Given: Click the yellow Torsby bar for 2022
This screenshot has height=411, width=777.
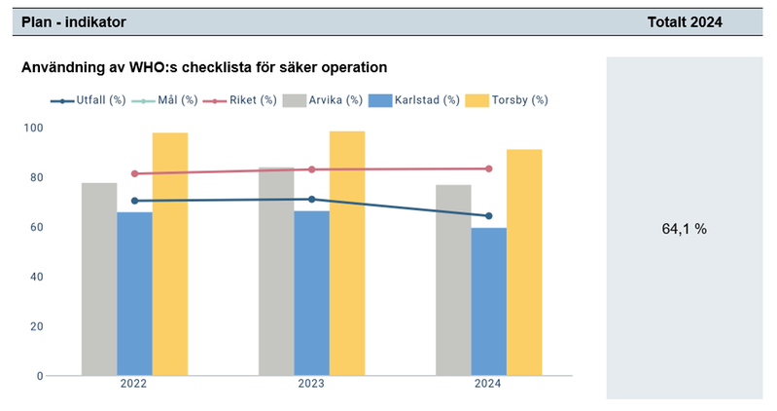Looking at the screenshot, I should [x=169, y=254].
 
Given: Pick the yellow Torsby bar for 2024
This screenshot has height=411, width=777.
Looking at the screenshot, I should [x=524, y=262].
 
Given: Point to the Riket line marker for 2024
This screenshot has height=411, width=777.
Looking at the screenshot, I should [x=488, y=168].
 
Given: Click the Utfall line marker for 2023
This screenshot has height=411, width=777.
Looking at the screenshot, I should [x=311, y=200].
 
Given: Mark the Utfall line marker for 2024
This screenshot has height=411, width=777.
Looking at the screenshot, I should [x=488, y=216].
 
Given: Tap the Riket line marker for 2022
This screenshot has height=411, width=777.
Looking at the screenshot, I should [x=134, y=174].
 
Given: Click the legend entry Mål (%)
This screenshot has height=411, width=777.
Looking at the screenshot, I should [x=175, y=100].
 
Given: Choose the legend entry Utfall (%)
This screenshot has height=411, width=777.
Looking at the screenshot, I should [x=89, y=100].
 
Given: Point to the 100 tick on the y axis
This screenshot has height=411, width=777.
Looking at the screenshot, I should [x=33, y=128].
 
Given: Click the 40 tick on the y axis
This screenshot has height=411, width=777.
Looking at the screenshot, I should [x=36, y=277].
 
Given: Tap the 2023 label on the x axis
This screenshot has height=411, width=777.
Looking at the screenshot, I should [x=311, y=385].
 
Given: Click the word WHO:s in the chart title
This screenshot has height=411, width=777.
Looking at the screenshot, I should [x=161, y=68].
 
